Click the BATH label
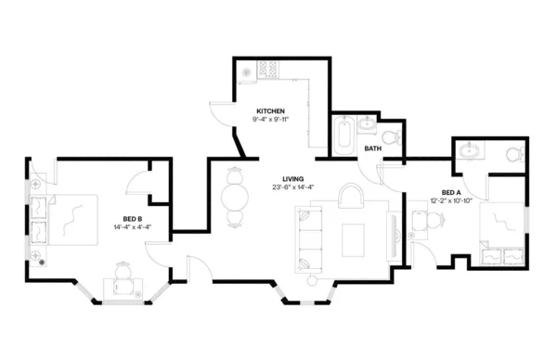[x=372, y=148]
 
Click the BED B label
[x=133, y=218]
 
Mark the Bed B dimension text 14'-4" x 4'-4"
[x=133, y=226]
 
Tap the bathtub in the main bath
[x=342, y=136]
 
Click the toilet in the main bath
[x=390, y=139]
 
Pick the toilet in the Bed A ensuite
[x=512, y=155]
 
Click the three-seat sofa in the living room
[x=309, y=237]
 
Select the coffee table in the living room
[x=354, y=239]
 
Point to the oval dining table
[x=233, y=195]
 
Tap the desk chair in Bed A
[x=431, y=222]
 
